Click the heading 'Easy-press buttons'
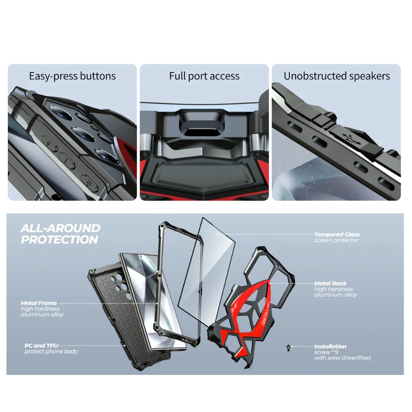click(72, 76)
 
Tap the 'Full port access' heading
click(204, 76)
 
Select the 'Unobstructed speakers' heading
click(337, 76)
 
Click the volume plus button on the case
click(49, 144)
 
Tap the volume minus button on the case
click(66, 160)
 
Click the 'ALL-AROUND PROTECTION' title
click(60, 234)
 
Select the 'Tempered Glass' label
click(337, 234)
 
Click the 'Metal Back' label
click(330, 283)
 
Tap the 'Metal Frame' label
click(39, 303)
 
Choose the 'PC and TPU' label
click(41, 346)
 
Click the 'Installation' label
click(330, 346)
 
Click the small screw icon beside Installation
click(288, 348)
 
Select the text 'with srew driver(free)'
click(342, 358)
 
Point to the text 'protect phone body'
click(51, 351)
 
